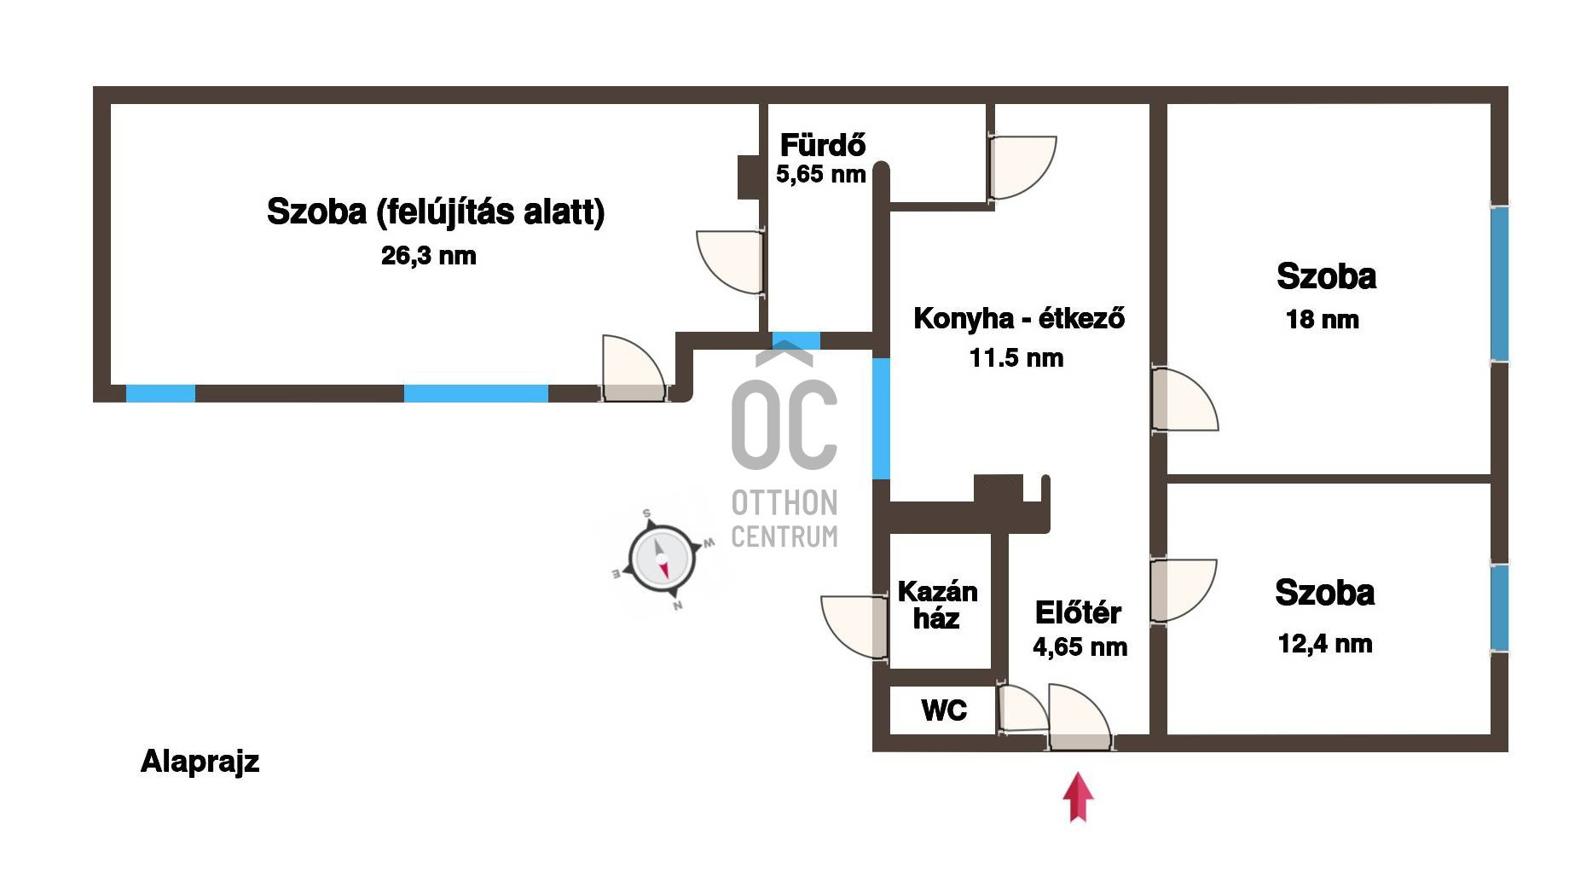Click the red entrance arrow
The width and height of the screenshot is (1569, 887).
(1078, 797)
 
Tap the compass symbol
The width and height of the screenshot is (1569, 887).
(662, 559)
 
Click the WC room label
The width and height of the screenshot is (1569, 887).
(944, 710)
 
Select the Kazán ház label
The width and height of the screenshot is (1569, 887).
(937, 605)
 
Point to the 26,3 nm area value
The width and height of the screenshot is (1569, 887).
(429, 256)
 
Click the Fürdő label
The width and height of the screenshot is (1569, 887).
(823, 145)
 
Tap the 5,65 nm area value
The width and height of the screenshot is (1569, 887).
(820, 175)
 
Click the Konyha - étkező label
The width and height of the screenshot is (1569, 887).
(1019, 318)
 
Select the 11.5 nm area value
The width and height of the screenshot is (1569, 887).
(1016, 358)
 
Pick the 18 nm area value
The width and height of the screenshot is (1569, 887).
(1322, 320)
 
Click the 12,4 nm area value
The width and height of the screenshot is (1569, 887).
(1325, 644)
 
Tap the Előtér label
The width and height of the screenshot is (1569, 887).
(1078, 612)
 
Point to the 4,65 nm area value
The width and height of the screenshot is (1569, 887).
(1080, 647)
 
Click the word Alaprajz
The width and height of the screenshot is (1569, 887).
(200, 761)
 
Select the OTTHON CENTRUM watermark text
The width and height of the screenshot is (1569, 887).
(784, 519)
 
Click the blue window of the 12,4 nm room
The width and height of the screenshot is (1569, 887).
(1499, 607)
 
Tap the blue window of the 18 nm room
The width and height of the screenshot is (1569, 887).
(1499, 283)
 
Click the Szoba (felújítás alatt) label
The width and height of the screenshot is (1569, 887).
(436, 212)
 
